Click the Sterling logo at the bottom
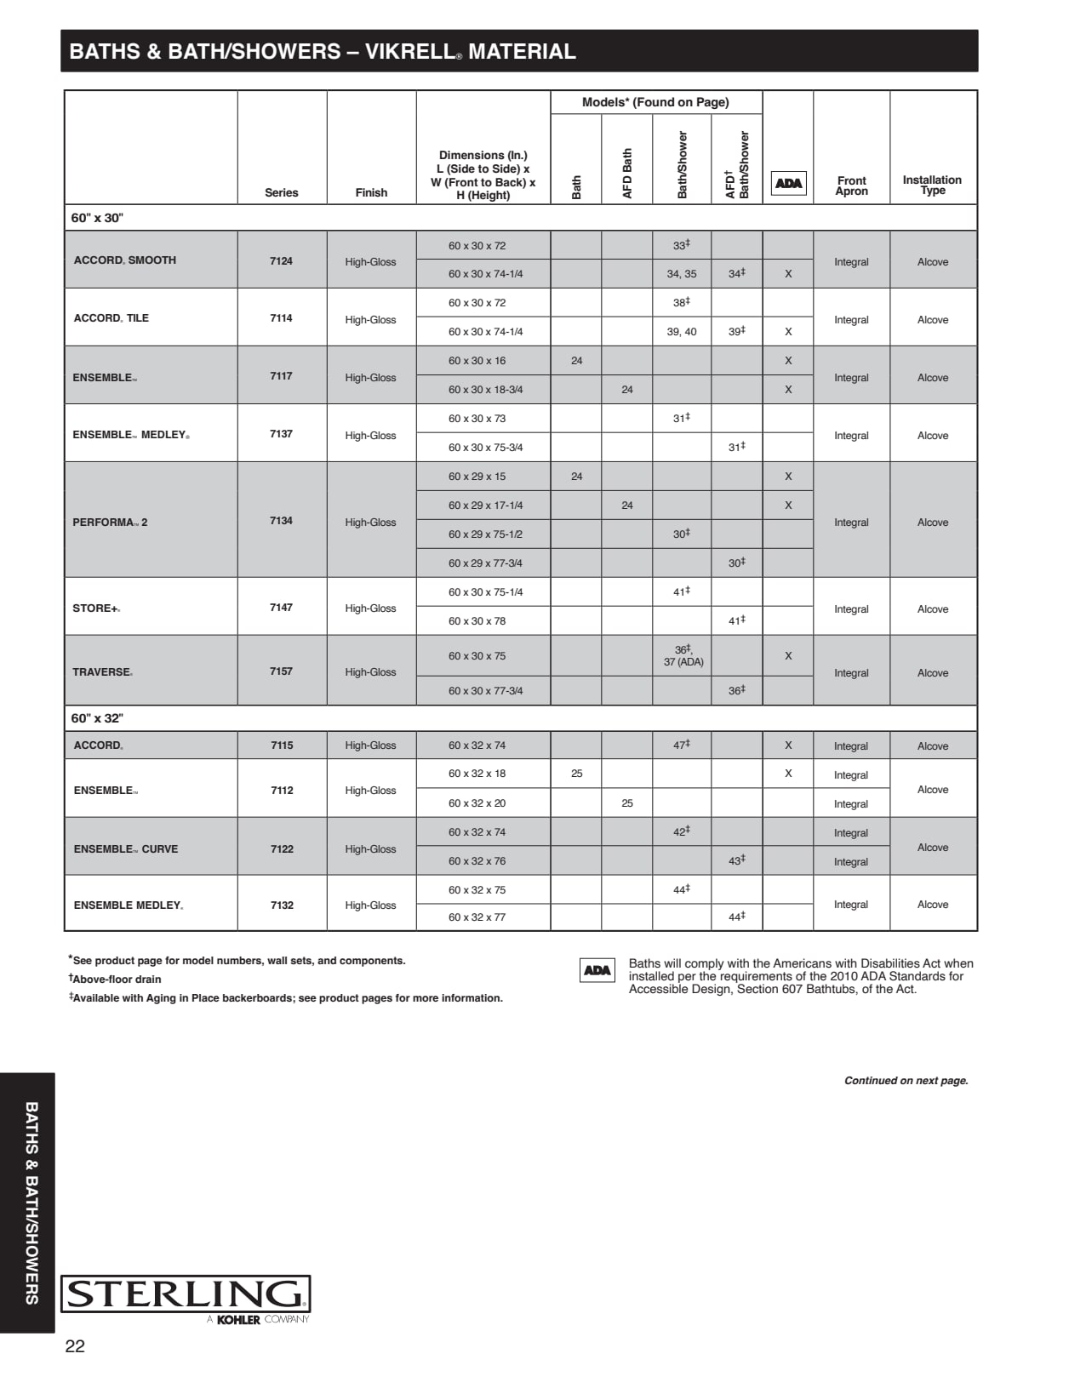185,1294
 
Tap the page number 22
75,1346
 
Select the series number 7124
281,260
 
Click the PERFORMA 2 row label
110,522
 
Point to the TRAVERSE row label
102,671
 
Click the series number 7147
281,608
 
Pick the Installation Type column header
932,185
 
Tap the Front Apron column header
851,186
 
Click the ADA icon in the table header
788,183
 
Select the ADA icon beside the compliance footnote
597,970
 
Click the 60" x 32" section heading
97,718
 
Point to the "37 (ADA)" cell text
683,662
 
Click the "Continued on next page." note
906,1081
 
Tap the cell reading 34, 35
681,274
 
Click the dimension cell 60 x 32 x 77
477,917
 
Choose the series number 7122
282,848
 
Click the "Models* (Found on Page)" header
655,102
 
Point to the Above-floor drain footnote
116,980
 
